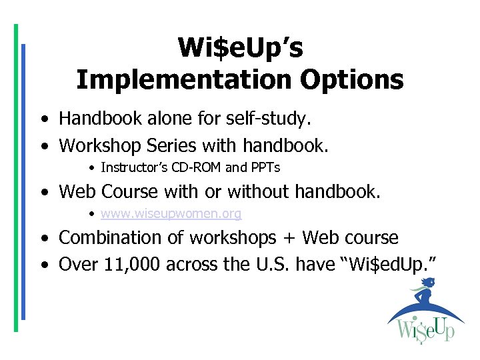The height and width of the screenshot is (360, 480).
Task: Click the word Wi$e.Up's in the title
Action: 240,47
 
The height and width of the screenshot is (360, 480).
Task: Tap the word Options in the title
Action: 351,79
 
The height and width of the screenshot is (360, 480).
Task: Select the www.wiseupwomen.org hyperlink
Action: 171,214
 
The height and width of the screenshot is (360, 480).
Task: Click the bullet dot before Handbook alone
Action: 43,120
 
